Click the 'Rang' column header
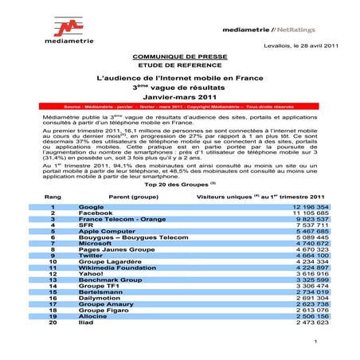pyautogui.click(x=53, y=194)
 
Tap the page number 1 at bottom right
pyautogui.click(x=316, y=342)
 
